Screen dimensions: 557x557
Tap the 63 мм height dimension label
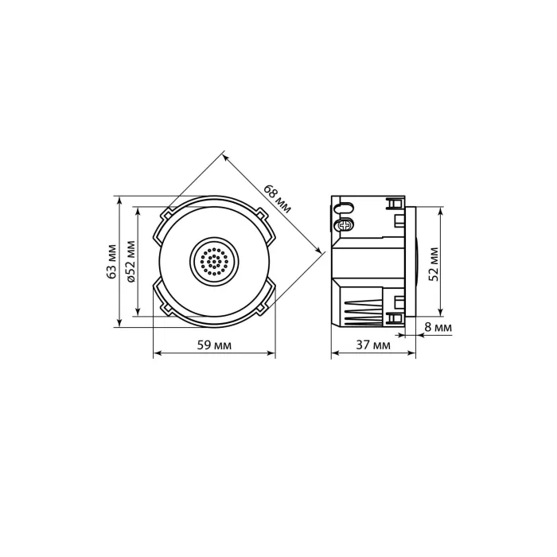(112, 262)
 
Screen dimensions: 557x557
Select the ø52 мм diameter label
(130, 262)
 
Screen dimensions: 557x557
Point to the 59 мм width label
(214, 345)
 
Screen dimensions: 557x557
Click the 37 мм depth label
(373, 345)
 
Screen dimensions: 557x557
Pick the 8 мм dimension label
(438, 327)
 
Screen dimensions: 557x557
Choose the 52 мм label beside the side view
(434, 264)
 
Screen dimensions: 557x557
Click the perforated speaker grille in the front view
(214, 262)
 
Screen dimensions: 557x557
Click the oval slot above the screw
(344, 208)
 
